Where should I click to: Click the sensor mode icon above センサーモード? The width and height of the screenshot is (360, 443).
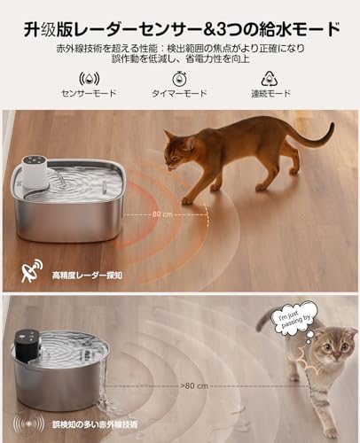[x=89, y=77]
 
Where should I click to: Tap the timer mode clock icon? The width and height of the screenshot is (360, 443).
[x=180, y=77]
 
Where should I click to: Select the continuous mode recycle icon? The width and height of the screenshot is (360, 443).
[x=270, y=77]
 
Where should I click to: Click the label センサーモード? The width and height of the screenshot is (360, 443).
[x=89, y=93]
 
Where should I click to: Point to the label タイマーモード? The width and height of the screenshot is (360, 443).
[x=180, y=93]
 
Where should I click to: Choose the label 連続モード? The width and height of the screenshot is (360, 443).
[x=270, y=93]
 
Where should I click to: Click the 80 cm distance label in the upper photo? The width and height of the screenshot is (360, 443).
[x=161, y=214]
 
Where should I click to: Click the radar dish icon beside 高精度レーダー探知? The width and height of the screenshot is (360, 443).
[x=33, y=274]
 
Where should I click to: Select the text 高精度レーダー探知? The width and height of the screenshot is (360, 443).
[x=91, y=276]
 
